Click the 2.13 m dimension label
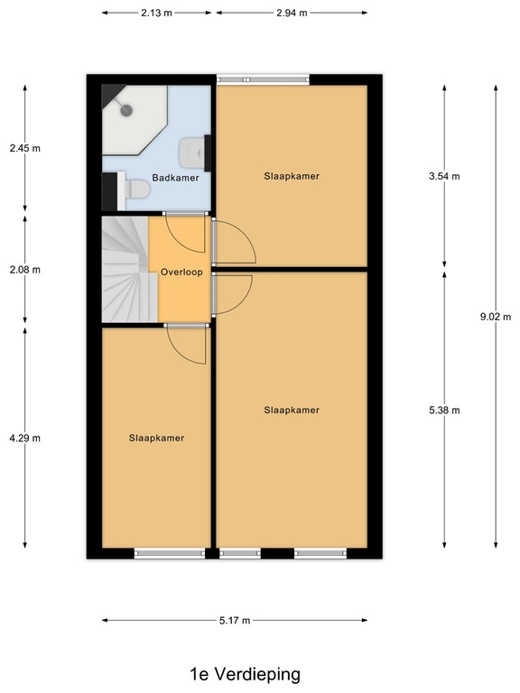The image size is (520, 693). pos(157,13)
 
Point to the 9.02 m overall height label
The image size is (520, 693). pos(495,317)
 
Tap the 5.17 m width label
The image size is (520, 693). pos(234,620)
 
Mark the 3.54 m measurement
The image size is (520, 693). pos(444,177)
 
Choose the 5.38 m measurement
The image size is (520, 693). pos(444,411)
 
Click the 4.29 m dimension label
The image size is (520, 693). pos(24,438)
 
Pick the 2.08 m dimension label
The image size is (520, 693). pos(24,270)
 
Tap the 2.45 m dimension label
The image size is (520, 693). pos(24,149)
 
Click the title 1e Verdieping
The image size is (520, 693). pos(245,674)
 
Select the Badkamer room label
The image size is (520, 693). pos(175,178)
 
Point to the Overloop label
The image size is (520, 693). pos(181,271)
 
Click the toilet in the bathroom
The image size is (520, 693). pos(135,189)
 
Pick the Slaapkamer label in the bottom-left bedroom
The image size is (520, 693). pos(156,438)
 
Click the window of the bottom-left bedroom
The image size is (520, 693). pos(170,553)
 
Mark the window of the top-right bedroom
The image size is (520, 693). pos(263,79)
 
